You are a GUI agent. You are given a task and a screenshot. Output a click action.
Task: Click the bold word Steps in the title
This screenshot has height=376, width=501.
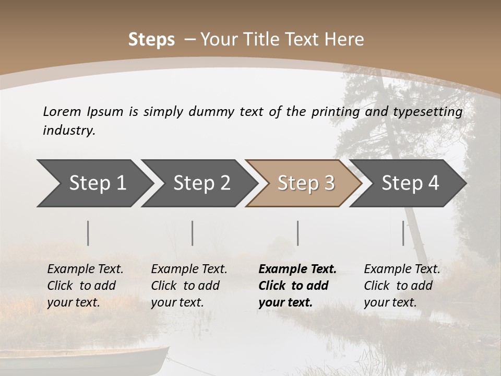point(151,39)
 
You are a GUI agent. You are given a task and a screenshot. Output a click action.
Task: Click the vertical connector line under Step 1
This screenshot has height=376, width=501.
point(88,233)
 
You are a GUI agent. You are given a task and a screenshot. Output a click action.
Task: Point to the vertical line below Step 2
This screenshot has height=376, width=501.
point(193,233)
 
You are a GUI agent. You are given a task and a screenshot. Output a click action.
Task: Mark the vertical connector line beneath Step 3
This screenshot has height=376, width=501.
point(298,233)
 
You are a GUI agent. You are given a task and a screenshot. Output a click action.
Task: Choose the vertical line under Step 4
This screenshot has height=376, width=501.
point(403,233)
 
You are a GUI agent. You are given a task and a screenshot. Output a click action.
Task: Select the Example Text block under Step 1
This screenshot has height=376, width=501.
point(85,286)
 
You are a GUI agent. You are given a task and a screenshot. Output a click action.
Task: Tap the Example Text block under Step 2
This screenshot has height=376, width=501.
point(189,286)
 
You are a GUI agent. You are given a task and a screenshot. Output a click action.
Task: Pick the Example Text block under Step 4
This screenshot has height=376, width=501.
point(402,286)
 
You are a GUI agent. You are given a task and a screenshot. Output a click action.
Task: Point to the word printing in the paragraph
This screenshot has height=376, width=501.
point(331,111)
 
